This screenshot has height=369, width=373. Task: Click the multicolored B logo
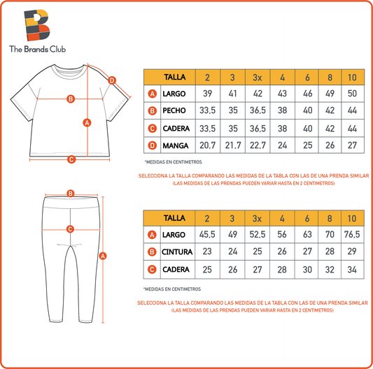[37, 24]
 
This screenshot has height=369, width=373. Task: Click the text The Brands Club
[37, 49]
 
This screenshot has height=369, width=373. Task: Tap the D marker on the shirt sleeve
[112, 80]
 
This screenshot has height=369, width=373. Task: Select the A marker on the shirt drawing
[87, 123]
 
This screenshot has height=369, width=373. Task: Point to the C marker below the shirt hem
[71, 159]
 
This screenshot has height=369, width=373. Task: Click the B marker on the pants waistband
[71, 194]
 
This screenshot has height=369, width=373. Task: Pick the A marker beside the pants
[103, 256]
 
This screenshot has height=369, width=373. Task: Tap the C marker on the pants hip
[70, 229]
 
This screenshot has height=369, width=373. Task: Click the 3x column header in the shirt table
[258, 78]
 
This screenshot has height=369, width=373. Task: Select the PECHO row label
[174, 110]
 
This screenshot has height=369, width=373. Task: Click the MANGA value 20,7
[207, 145]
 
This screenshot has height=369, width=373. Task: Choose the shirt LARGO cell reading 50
[352, 94]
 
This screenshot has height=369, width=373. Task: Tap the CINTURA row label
[177, 252]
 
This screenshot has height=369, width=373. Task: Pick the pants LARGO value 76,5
[352, 234]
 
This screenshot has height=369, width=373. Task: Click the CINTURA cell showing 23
[207, 252]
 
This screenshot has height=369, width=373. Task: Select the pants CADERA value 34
[352, 270]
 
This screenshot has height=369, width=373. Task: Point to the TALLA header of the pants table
[174, 218]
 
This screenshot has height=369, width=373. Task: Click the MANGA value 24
[282, 145]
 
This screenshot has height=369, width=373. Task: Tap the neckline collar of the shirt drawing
[69, 71]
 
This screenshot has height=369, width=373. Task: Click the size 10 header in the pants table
[352, 218]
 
